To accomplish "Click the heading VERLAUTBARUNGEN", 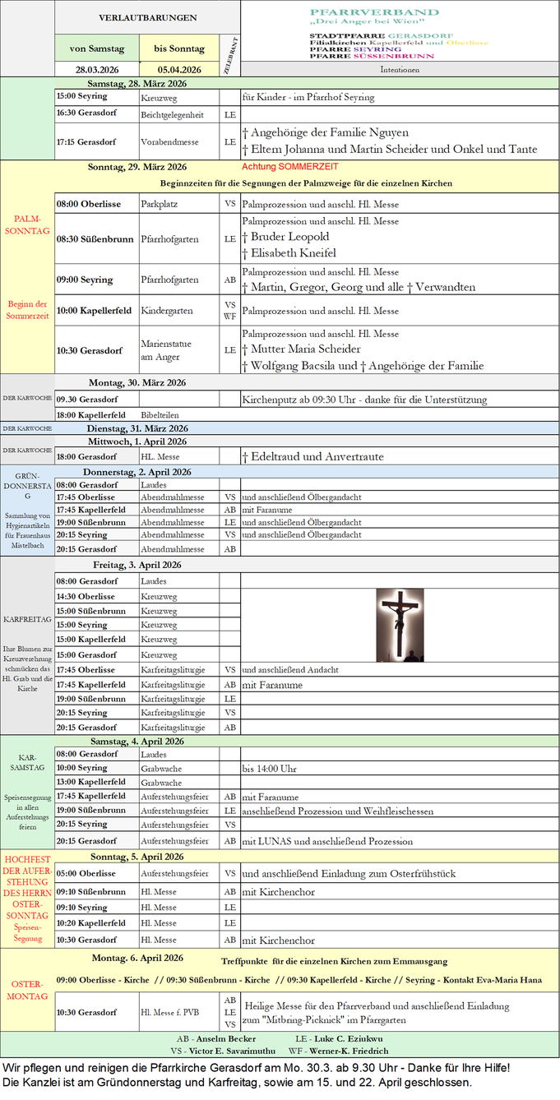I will click(x=147, y=17).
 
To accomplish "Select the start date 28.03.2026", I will click(x=97, y=69).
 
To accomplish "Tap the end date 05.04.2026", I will click(x=179, y=69).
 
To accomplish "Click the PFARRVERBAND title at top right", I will click(x=374, y=13).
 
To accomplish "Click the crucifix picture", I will click(x=400, y=625).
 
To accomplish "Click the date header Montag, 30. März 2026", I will click(x=137, y=382).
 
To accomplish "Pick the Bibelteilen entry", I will click(x=160, y=415).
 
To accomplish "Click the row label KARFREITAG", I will click(x=27, y=617).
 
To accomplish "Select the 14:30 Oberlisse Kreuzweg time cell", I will click(x=86, y=596).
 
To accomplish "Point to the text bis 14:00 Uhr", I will click(x=269, y=768).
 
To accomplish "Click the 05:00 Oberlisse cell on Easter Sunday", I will click(x=86, y=874).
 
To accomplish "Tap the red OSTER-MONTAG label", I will click(x=27, y=990).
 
